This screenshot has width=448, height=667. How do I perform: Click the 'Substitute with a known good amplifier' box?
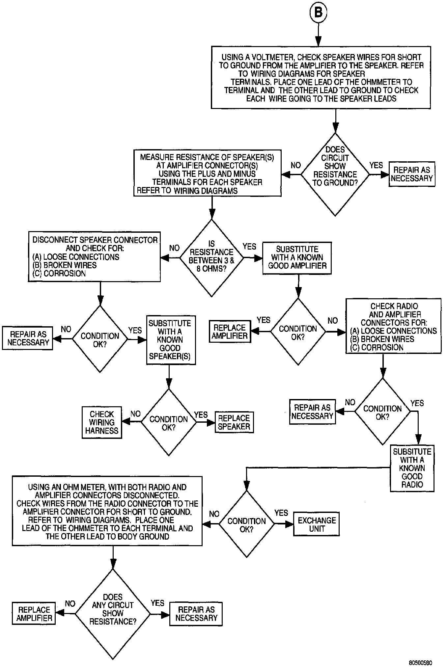(297, 258)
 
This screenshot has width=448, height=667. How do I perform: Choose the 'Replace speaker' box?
(234, 422)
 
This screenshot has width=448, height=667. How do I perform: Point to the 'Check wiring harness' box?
(102, 422)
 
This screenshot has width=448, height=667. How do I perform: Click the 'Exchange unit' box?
(317, 524)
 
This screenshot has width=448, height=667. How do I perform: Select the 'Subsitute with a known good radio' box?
(412, 468)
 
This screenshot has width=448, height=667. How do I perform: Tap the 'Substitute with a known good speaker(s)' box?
(170, 340)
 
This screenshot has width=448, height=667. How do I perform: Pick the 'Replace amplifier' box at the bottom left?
(34, 614)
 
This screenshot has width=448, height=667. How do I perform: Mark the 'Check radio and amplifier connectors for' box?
(393, 327)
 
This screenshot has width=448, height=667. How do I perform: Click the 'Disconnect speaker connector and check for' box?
(95, 257)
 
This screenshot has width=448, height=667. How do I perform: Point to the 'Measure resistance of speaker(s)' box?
(207, 173)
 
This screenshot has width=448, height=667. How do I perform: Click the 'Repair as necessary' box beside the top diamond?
(412, 174)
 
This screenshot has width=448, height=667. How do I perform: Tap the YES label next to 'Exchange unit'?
(281, 513)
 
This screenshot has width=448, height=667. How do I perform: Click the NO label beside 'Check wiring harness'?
(135, 414)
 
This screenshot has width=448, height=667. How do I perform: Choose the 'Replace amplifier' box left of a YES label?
(230, 332)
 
